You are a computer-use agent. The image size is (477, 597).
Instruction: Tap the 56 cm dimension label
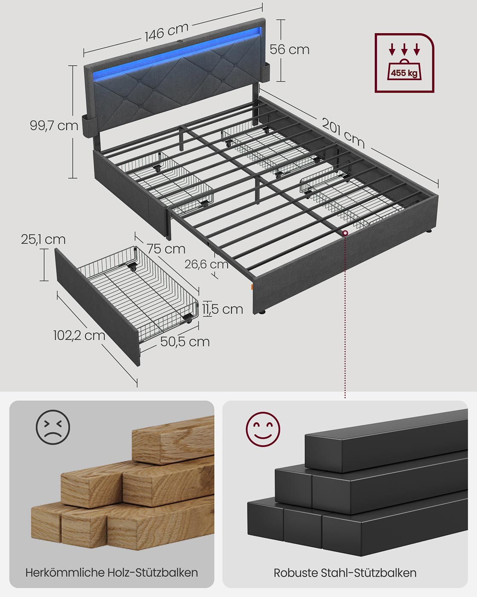coord(290,49)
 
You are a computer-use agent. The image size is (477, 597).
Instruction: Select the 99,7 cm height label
coord(54,125)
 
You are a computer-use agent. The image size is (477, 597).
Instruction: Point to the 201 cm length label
coord(343,133)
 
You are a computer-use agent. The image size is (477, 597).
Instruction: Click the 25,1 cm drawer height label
coord(43,240)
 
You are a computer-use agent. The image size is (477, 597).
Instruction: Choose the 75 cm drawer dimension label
coord(166,249)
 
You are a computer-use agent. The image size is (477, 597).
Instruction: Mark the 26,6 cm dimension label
coord(207,264)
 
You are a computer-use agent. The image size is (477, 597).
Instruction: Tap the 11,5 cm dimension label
coord(223,309)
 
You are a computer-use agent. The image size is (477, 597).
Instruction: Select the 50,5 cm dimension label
coord(185,342)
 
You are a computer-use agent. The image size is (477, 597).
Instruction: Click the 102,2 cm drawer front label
coord(79,335)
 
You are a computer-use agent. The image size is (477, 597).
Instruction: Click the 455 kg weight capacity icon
coord(404,63)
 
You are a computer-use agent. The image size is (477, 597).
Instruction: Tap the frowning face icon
coord(53,426)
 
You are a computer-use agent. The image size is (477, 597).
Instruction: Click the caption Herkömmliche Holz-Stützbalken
coord(112,572)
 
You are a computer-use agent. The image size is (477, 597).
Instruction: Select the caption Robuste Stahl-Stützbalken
coord(345,573)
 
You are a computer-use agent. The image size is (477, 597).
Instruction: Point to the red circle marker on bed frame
coord(345,233)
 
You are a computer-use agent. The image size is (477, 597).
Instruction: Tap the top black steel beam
coord(383,439)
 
